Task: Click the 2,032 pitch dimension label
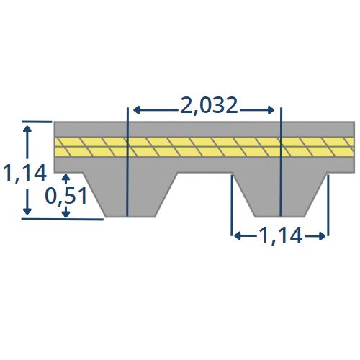209,106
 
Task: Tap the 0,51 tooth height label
66,197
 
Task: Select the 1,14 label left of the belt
24,174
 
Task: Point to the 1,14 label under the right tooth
280,236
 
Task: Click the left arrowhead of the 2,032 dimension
136,110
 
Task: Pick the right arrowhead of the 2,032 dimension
271,110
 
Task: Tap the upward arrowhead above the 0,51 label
66,177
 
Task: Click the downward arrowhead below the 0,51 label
66,215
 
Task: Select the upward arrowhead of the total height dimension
27,129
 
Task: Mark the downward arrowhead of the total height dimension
27,211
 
